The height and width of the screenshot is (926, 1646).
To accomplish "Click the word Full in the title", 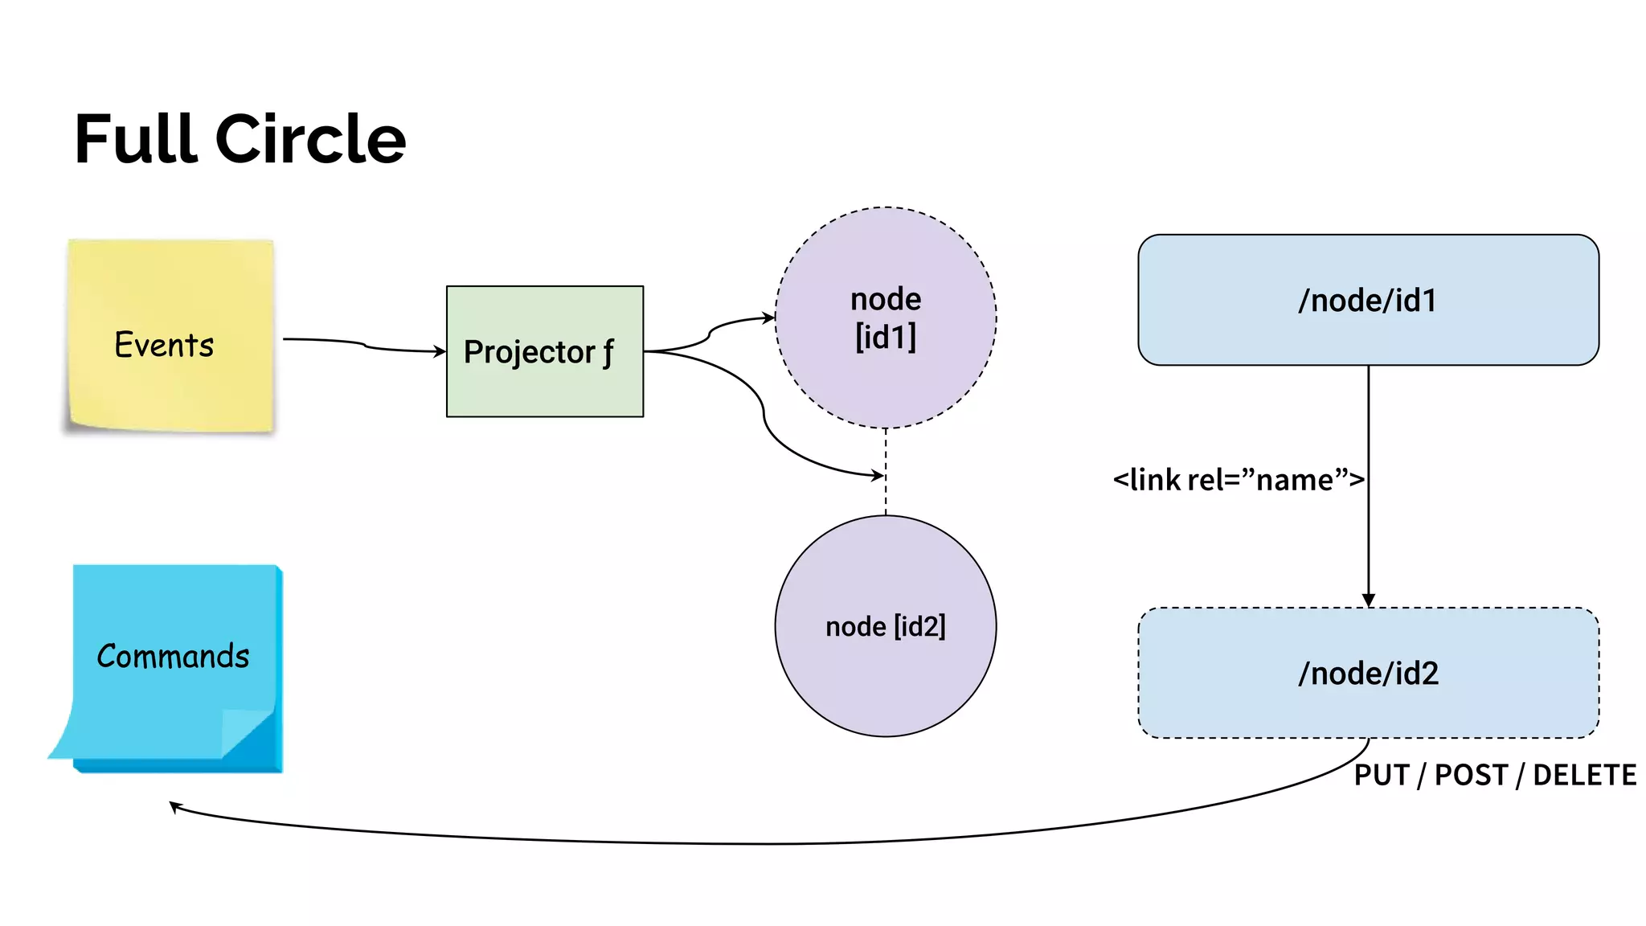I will point(135,140).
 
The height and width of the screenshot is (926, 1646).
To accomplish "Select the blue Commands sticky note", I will point(173,611).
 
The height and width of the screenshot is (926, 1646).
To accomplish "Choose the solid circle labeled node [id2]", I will point(886,683).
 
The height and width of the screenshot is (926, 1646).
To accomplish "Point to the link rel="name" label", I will point(1238,480).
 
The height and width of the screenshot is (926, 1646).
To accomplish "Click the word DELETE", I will point(1584,776).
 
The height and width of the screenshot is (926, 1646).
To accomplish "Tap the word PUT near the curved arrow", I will point(1382,776).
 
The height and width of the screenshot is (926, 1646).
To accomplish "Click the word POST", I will point(1471,776).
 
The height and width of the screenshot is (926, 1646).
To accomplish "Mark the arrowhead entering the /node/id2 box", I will point(1369,600).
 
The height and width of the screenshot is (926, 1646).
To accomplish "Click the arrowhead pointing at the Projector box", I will point(440,351).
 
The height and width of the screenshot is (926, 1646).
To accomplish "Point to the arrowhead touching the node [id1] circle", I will point(768,318).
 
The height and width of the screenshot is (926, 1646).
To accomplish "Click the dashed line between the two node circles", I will point(886,498).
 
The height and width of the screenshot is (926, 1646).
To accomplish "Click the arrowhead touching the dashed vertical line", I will point(878,475).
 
